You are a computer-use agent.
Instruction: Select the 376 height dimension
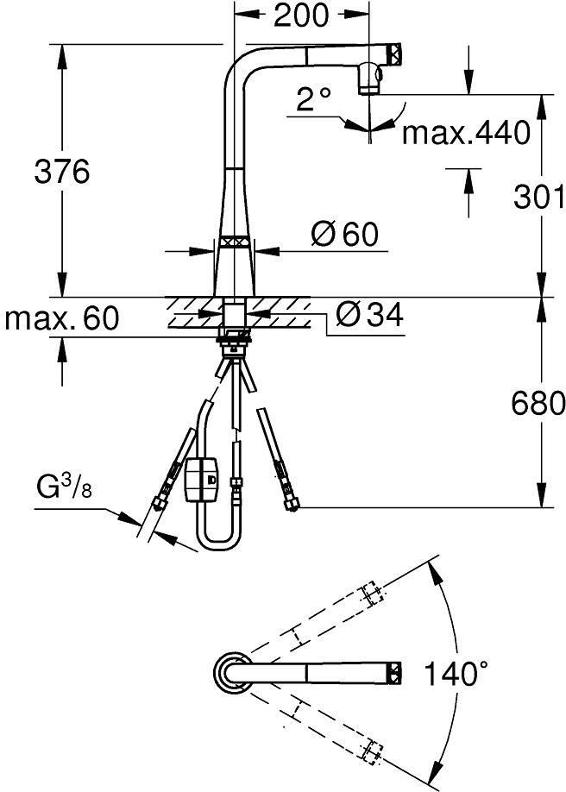pyautogui.click(x=61, y=171)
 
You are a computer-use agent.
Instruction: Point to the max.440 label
pyautogui.click(x=466, y=132)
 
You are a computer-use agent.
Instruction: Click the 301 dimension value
pyautogui.click(x=538, y=197)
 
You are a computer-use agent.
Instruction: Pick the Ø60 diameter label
pyautogui.click(x=344, y=234)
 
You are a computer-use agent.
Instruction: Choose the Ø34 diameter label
pyautogui.click(x=369, y=315)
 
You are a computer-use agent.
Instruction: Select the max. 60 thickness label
pyautogui.click(x=61, y=318)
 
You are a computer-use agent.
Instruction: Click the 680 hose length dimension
pyautogui.click(x=538, y=403)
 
